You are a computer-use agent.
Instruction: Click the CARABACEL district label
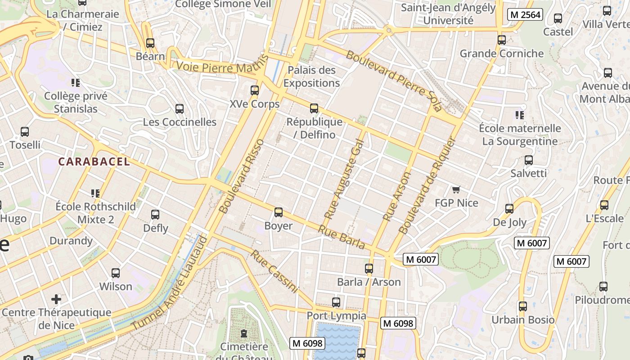pyautogui.click(x=94, y=162)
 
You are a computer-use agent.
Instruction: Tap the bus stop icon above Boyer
pyautogui.click(x=279, y=212)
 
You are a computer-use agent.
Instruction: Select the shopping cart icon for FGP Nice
pyautogui.click(x=456, y=190)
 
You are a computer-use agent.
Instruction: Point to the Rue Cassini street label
pyautogui.click(x=274, y=272)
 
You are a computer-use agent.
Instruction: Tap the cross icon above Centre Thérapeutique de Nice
pyautogui.click(x=56, y=299)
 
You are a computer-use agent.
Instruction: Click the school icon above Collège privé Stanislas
pyautogui.click(x=76, y=82)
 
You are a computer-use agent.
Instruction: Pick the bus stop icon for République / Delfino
pyautogui.click(x=314, y=108)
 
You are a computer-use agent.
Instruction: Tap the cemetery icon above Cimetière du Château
pyautogui.click(x=244, y=333)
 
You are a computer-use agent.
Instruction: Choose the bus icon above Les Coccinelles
pyautogui.click(x=180, y=108)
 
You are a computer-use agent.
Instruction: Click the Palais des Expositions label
pyautogui.click(x=311, y=76)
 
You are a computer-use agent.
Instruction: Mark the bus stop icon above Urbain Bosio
pyautogui.click(x=522, y=306)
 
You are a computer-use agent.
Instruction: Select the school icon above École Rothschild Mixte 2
pyautogui.click(x=95, y=193)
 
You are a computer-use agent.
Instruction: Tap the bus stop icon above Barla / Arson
pyautogui.click(x=369, y=269)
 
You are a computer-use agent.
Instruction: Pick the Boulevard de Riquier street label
pyautogui.click(x=427, y=186)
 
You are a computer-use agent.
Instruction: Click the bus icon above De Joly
pyautogui.click(x=509, y=209)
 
